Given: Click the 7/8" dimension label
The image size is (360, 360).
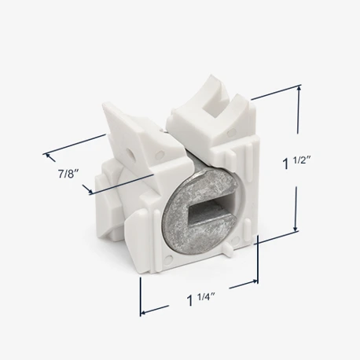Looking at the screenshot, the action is pyautogui.click(x=68, y=174).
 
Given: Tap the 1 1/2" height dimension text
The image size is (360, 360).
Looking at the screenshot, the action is pyautogui.click(x=296, y=163).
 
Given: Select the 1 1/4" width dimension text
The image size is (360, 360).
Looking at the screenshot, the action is pyautogui.click(x=200, y=299).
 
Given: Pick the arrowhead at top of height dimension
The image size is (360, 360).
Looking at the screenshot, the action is pyautogui.click(x=299, y=89).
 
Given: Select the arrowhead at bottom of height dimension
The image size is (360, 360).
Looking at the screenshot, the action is pyautogui.click(x=296, y=229).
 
